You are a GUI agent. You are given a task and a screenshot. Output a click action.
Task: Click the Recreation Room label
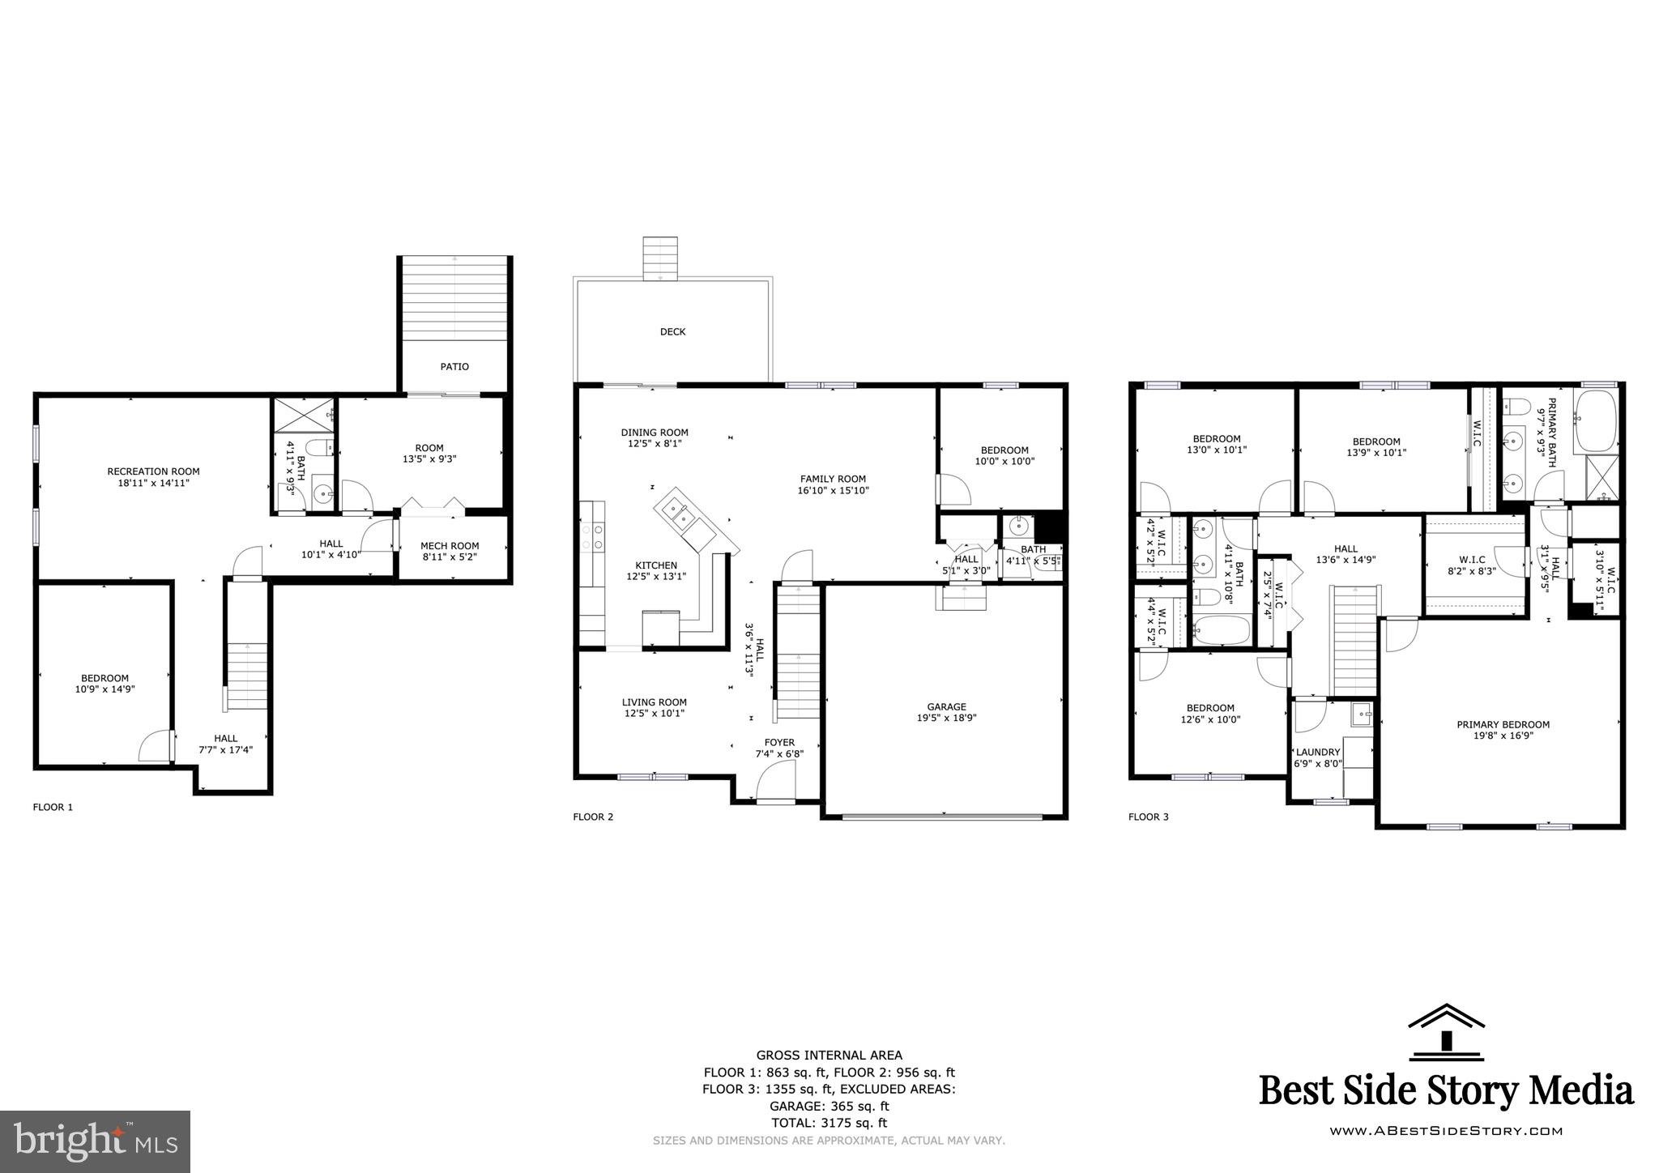153,471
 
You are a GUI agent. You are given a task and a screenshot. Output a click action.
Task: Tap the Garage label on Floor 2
946,706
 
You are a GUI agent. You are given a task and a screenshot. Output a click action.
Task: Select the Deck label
672,331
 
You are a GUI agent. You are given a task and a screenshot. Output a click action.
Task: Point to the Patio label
454,366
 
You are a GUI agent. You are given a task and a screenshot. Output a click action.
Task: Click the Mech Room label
450,546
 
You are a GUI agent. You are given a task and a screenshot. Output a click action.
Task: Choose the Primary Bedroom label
1503,724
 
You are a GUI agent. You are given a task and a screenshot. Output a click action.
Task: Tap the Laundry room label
1318,752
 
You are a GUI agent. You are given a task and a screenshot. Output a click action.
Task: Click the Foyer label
779,742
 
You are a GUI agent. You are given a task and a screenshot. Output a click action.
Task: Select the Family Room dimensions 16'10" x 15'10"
833,490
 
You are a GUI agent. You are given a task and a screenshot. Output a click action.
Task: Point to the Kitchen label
655,565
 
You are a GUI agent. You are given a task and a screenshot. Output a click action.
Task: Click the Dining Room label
655,433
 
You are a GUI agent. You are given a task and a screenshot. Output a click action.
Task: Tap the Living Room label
655,702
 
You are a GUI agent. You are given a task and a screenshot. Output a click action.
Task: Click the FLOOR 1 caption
53,807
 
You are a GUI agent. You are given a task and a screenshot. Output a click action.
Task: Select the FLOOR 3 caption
1148,817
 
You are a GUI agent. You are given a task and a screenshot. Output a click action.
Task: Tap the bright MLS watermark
96,1141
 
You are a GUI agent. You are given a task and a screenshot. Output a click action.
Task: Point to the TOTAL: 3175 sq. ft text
829,1123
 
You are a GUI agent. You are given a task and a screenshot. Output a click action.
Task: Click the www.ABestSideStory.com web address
1446,1131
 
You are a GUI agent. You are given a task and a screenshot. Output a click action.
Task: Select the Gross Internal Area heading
829,1055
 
